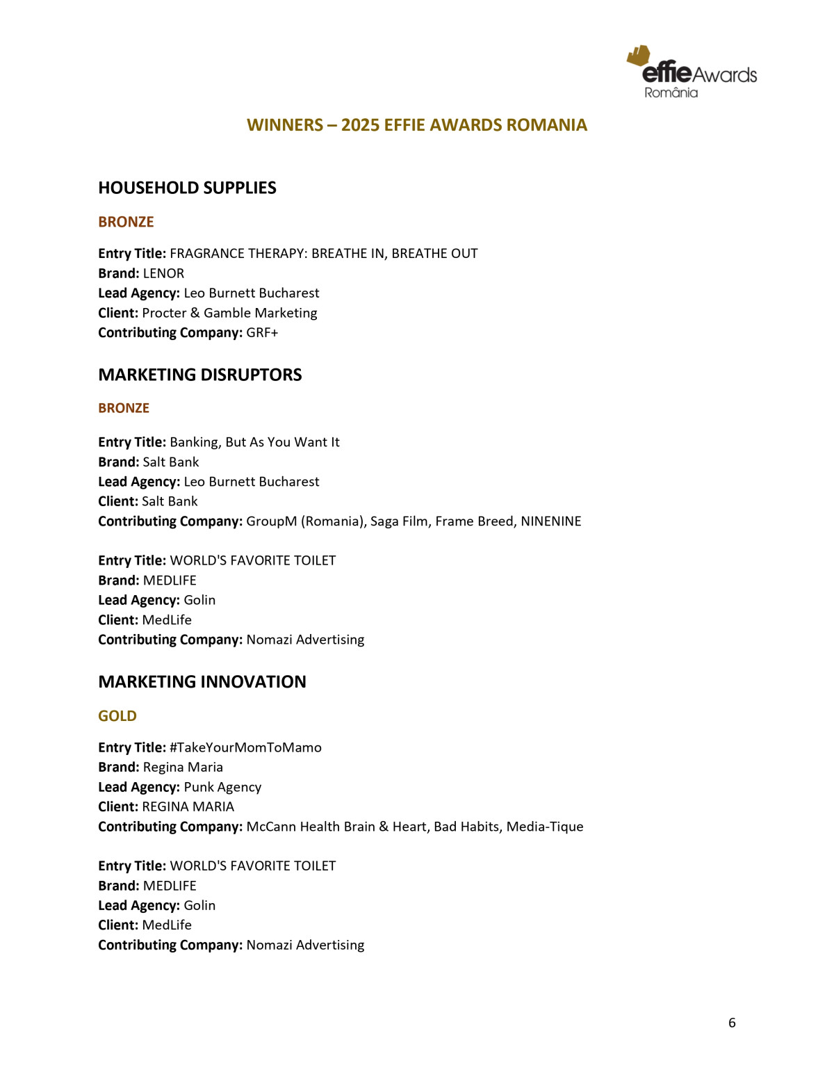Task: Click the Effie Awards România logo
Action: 692,72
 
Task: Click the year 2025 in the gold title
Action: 359,125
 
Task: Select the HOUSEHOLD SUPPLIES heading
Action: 187,188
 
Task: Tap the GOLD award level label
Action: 117,716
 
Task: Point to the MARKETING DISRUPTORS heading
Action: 200,375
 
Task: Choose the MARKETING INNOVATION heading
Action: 202,681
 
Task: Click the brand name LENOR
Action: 163,273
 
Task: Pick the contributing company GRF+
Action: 262,332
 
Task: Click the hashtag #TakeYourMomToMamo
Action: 245,747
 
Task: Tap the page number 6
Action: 732,1023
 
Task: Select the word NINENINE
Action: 551,521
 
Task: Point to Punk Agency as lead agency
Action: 222,787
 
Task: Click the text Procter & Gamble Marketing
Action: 229,313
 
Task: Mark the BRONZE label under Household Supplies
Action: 126,222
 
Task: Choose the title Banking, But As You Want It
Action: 254,442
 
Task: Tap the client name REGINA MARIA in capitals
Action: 188,806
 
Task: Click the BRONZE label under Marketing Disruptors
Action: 124,408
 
